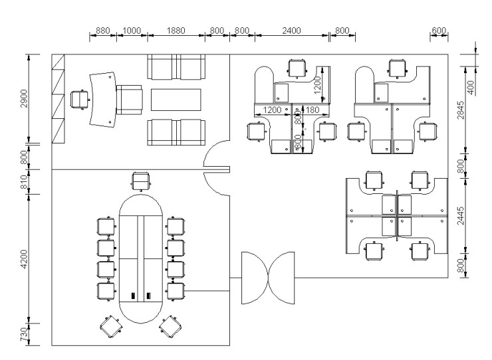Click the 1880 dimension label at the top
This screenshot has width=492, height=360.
176,31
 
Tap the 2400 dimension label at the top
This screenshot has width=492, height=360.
291,31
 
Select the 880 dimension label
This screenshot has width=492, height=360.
102,31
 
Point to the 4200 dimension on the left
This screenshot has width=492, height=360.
24,259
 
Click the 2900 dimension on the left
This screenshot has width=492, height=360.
24,98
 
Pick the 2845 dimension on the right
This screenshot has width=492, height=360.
461,110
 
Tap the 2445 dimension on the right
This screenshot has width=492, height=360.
461,215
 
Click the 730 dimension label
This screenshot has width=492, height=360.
24,334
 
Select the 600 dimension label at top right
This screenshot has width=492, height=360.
439,31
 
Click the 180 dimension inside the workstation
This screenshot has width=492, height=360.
312,110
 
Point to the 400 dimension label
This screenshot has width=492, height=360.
471,88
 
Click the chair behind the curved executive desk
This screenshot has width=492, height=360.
80,100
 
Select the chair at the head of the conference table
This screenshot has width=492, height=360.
140,181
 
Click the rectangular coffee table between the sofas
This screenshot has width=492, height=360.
176,100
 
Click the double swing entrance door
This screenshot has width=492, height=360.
268,278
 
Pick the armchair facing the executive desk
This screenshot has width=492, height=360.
129,100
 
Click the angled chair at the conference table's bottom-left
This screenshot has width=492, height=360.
111,327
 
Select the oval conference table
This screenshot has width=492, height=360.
140,259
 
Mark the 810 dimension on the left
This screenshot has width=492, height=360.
24,182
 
